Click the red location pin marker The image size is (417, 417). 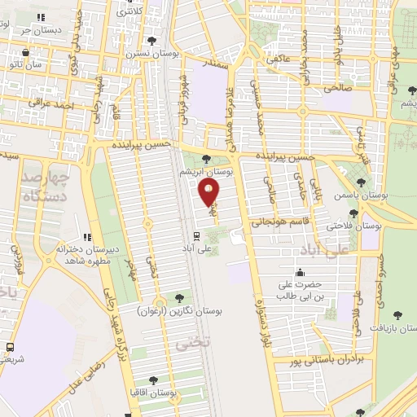click(x=209, y=192)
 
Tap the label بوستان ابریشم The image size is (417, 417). click(x=207, y=173)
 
